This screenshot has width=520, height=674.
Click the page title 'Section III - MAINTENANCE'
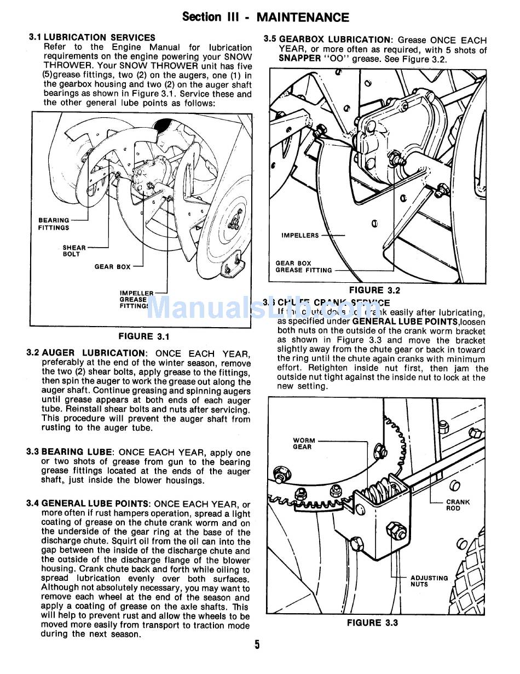tap(265, 17)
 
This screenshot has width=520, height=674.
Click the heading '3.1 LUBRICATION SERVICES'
tap(91, 38)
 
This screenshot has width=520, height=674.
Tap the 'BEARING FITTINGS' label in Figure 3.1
tap(54, 224)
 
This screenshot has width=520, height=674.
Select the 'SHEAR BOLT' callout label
tap(74, 251)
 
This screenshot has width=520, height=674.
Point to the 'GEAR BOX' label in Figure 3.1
tap(112, 267)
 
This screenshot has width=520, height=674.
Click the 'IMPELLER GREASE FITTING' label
tap(134, 300)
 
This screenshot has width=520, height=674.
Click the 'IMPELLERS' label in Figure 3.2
tap(300, 236)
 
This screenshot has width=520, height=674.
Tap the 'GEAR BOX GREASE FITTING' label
tap(303, 267)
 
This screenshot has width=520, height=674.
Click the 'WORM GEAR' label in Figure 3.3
tap(304, 443)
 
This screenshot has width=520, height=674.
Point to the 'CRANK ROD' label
tap(458, 505)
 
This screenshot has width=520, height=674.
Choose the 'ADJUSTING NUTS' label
tap(429, 581)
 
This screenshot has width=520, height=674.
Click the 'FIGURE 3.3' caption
tap(372, 622)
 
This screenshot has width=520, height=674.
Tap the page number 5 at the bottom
tap(257, 644)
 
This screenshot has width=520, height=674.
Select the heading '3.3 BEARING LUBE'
tap(70, 453)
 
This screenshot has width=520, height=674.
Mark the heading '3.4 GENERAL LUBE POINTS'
tap(88, 504)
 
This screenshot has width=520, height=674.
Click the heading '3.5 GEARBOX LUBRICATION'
tap(328, 40)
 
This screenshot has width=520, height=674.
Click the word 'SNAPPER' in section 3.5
tap(299, 59)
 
